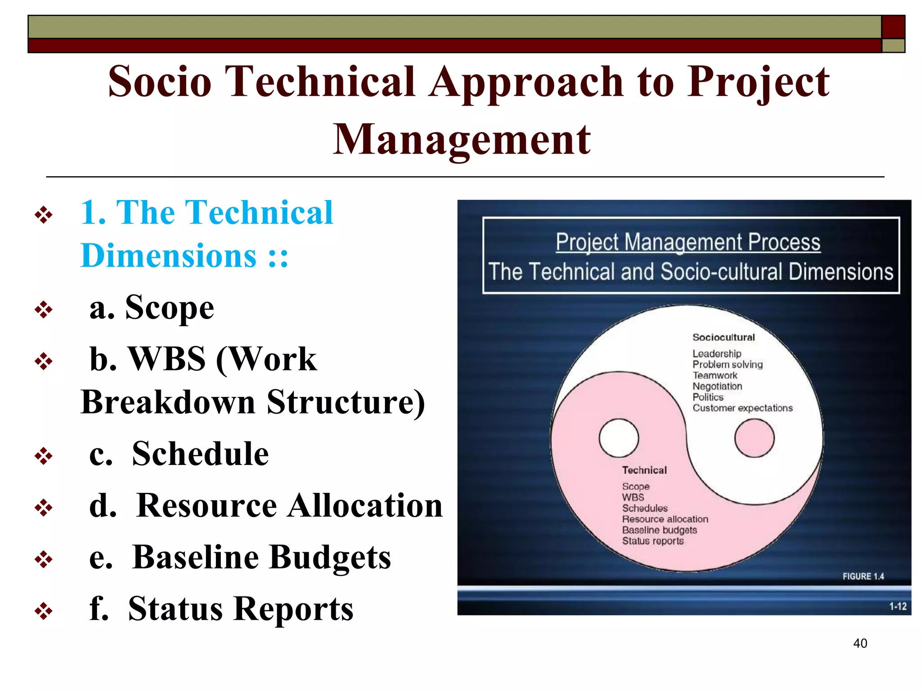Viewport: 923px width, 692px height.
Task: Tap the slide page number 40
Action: pos(860,643)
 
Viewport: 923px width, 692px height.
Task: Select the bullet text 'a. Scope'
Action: pos(151,308)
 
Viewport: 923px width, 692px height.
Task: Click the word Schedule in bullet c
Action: pos(200,454)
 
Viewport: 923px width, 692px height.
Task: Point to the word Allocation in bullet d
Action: pos(365,505)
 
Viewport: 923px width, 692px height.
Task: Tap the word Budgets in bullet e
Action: pos(330,557)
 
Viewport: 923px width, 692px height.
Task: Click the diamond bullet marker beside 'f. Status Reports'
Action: pos(44,611)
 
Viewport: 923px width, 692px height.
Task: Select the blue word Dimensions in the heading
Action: pos(169,256)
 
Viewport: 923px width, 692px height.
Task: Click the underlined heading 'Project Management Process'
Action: pos(688,242)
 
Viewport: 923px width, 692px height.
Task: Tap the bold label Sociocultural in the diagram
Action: pos(723,337)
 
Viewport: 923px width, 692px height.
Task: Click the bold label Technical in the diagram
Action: pos(644,470)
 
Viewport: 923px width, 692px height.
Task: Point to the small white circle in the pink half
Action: pos(619,438)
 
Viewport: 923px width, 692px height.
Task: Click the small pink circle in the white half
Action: pos(754,438)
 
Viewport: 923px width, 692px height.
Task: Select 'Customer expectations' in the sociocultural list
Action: pos(742,408)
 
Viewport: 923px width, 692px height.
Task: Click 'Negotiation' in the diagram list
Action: pos(717,387)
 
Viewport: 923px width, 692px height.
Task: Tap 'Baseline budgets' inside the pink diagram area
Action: pos(659,530)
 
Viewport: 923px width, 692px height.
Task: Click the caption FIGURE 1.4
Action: pos(863,576)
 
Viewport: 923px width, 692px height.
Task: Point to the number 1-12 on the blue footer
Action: pos(897,606)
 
